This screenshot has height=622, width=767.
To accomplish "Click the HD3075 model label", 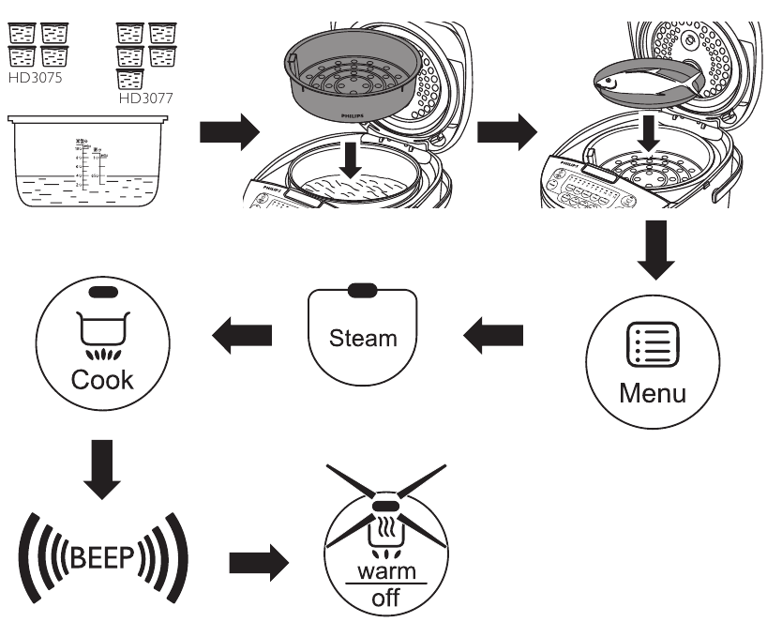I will coord(36,78).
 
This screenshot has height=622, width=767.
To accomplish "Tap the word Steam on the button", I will coord(363,337).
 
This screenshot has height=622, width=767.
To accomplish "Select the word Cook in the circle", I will coord(104,379).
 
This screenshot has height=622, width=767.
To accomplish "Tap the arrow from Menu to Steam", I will coord(495,334).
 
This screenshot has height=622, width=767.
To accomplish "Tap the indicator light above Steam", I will coord(363,291).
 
